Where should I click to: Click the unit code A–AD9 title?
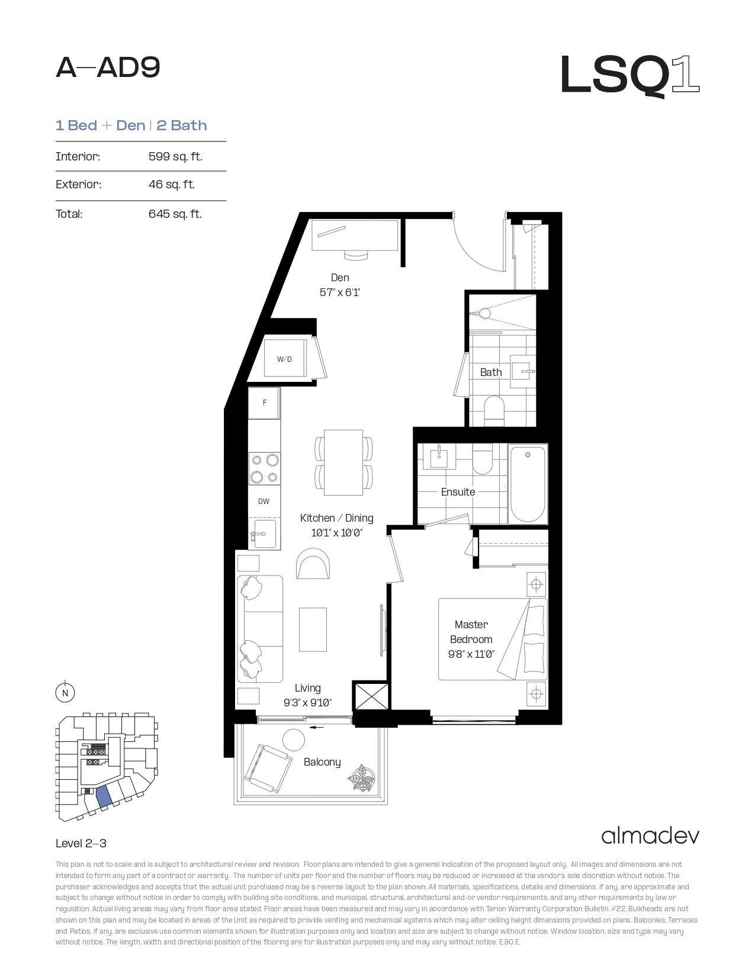point(108,68)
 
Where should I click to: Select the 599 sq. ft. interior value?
point(175,156)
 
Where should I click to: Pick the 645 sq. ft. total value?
point(175,214)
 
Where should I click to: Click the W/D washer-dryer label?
point(284,359)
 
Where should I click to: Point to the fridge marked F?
point(265,403)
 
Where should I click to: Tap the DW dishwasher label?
point(264,502)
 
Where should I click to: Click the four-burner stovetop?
point(265,468)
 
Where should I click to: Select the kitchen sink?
point(265,534)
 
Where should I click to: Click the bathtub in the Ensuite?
point(528,484)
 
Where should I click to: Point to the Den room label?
point(340,278)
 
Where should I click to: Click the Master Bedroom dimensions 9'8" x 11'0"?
point(471,654)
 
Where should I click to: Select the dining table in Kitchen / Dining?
point(343,462)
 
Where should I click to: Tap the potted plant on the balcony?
point(362,778)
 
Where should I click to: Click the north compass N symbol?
point(65,693)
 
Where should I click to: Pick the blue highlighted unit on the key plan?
point(104,796)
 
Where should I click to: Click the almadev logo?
point(650,836)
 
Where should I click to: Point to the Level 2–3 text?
point(81,843)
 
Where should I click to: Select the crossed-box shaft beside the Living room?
point(371,696)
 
